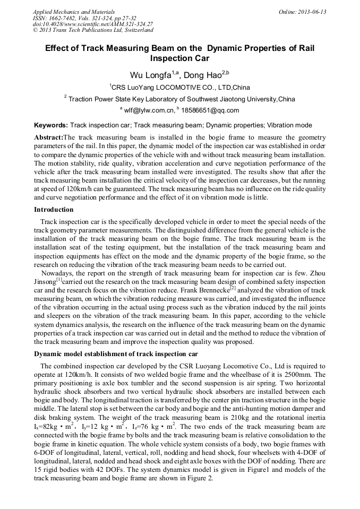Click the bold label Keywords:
pos(51,126)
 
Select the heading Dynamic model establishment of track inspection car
pos(116,354)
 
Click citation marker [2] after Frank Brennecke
pos(233,288)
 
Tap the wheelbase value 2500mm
pos(298,374)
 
